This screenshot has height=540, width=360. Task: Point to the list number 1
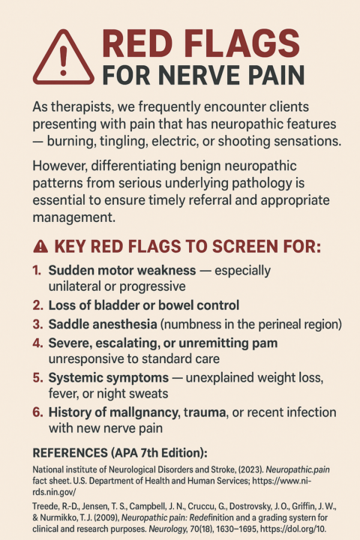37,271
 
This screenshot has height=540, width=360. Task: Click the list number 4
37,343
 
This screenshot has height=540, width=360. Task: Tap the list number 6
37,412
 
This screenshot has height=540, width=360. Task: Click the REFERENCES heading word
76,453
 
